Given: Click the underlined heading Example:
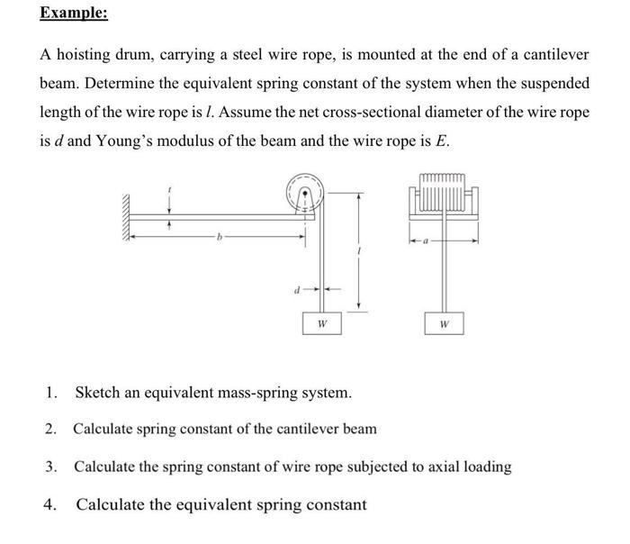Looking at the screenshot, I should point(74,15).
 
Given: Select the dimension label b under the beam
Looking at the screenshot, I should point(218,237).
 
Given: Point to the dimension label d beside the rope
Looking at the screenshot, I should point(297,289).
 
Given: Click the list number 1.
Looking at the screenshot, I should point(51,393).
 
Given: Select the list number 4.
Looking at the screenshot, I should point(51,504).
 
